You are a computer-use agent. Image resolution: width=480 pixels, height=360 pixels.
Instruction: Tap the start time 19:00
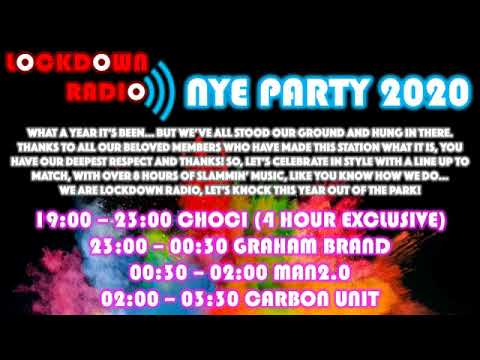tap(63, 219)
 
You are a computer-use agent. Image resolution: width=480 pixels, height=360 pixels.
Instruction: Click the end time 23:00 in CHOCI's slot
tap(136, 219)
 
